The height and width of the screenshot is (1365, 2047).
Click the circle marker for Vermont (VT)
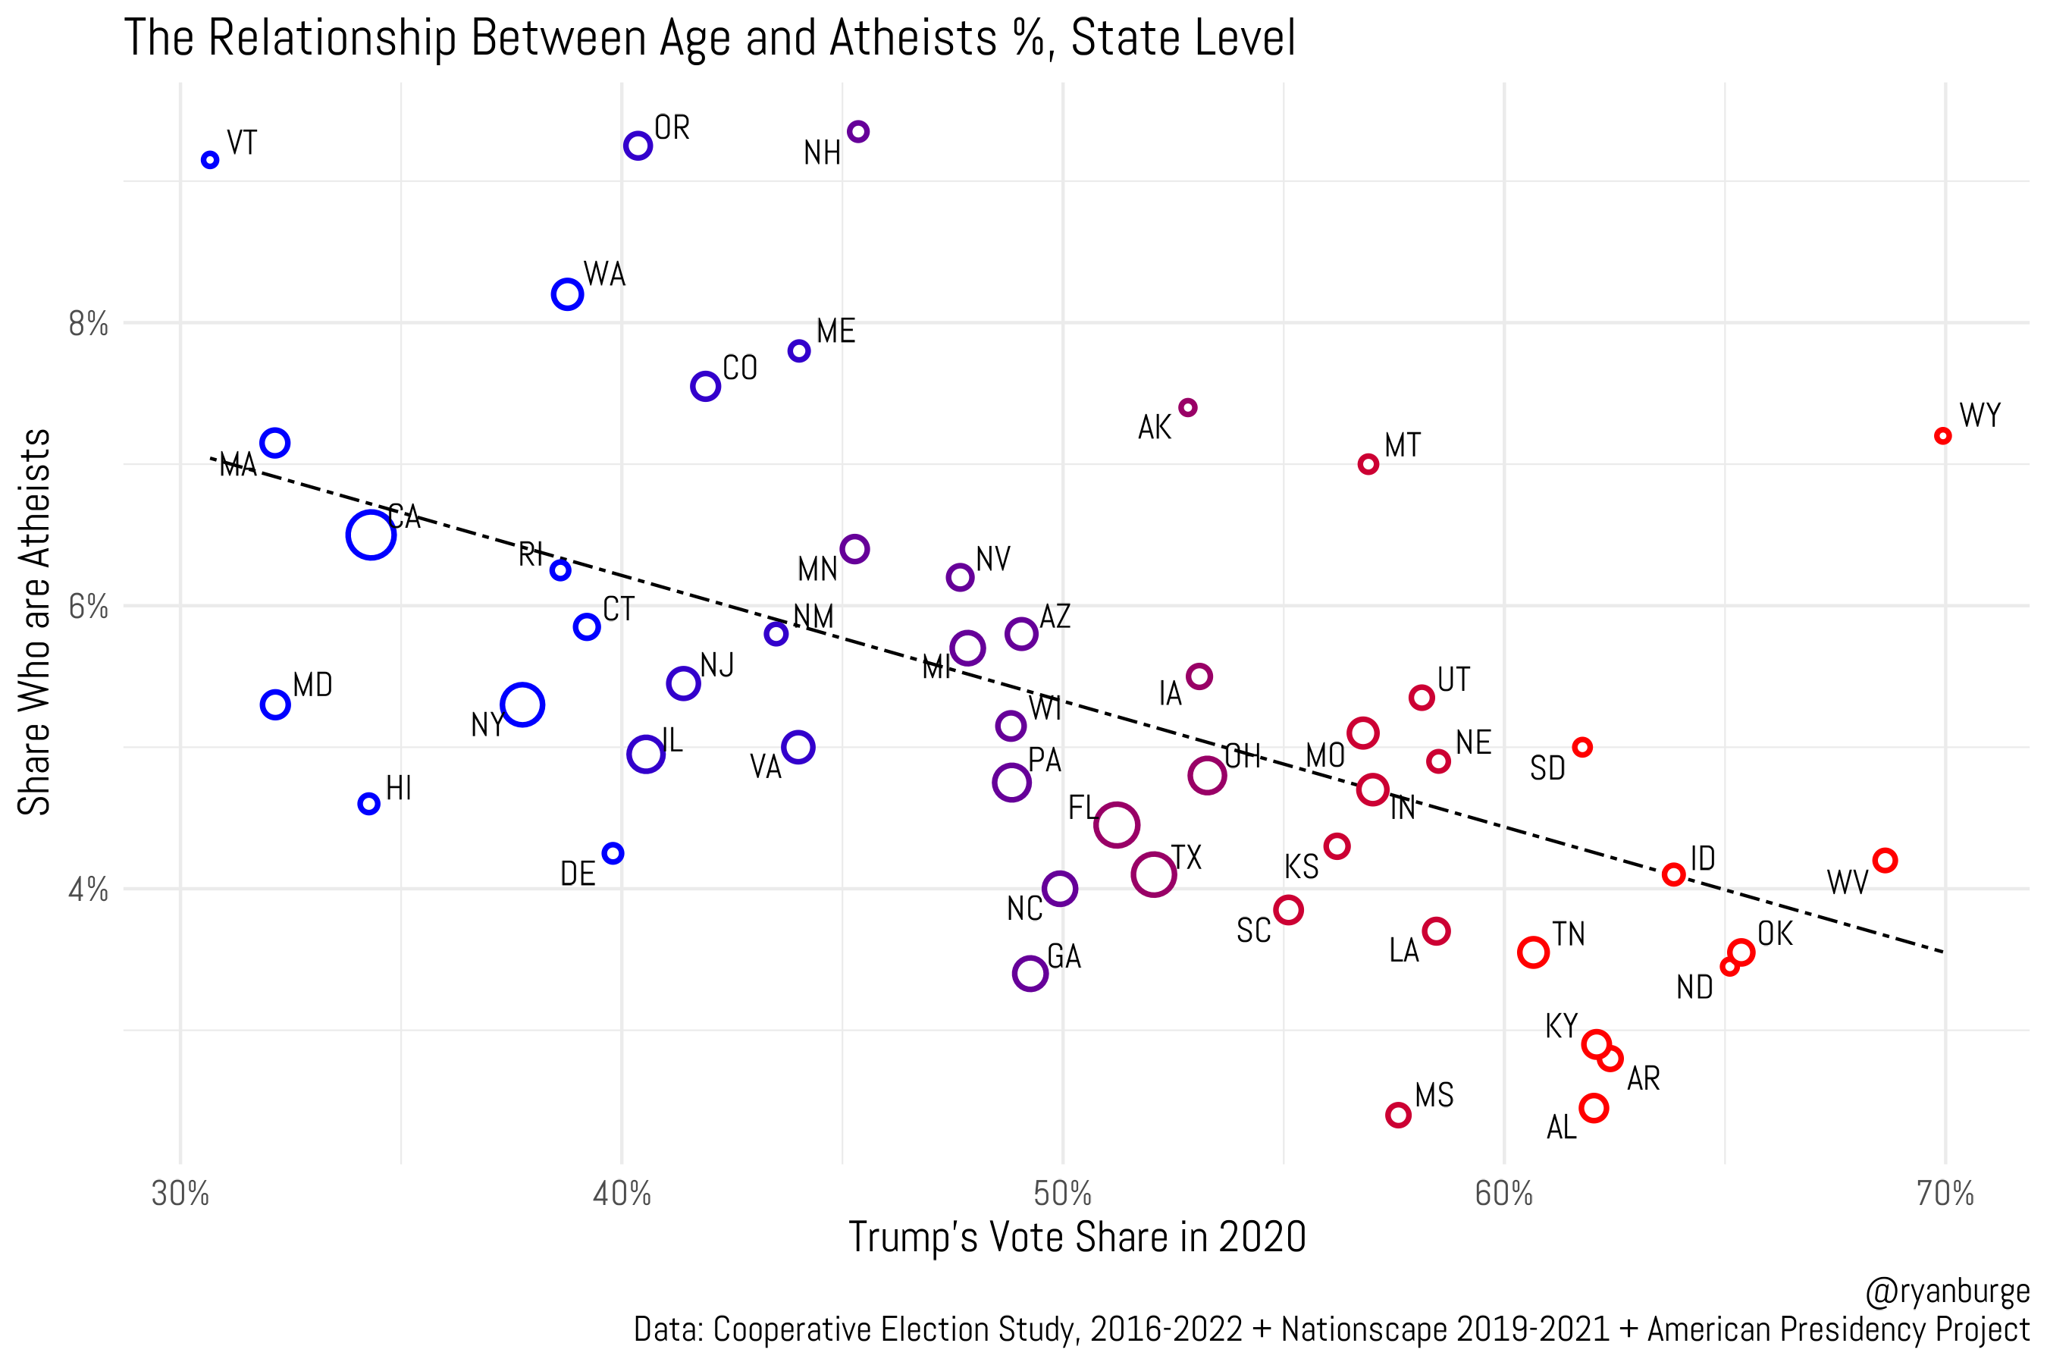(210, 160)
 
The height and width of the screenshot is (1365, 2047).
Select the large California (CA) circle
(371, 535)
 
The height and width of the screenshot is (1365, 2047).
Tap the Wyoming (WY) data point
(1942, 435)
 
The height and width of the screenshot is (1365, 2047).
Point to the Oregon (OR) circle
(638, 146)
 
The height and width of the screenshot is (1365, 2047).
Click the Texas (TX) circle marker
(1154, 874)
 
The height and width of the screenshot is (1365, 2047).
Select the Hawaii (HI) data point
(369, 804)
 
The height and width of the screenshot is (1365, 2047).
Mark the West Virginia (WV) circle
(1884, 860)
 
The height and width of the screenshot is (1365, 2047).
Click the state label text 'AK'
(1154, 428)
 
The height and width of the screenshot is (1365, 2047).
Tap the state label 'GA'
(1064, 957)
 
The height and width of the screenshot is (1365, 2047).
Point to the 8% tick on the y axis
(89, 325)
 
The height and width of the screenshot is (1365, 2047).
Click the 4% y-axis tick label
(89, 890)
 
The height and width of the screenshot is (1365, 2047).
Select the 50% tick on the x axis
(1063, 1194)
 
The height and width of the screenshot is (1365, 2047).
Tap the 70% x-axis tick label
(1945, 1194)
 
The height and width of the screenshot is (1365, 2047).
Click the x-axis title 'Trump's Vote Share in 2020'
(1077, 1237)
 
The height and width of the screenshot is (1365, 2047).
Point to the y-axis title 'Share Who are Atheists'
(35, 622)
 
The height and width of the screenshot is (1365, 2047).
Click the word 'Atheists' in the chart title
(912, 39)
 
